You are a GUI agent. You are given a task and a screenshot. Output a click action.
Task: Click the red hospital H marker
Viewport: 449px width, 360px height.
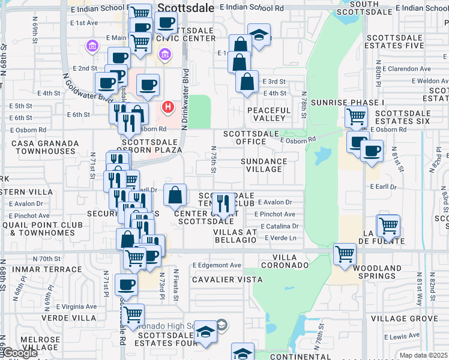click(x=168, y=107)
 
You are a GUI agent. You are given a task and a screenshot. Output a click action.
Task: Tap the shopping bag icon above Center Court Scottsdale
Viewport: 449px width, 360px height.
click(x=175, y=194)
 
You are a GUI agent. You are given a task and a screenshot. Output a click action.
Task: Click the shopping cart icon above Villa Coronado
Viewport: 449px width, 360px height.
click(x=345, y=254)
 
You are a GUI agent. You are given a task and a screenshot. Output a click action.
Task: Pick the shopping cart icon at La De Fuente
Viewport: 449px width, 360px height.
click(x=388, y=226)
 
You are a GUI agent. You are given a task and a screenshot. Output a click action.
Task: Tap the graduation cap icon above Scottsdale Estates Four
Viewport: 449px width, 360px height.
click(x=205, y=331)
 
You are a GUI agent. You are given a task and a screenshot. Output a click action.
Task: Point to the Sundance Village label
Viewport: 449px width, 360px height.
click(x=264, y=165)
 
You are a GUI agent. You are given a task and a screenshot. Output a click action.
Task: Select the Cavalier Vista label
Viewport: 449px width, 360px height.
click(x=228, y=280)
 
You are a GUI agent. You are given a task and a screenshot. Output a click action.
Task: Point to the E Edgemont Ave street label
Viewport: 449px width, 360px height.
click(x=217, y=265)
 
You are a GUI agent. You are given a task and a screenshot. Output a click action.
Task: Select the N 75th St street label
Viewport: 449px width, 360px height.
click(x=213, y=159)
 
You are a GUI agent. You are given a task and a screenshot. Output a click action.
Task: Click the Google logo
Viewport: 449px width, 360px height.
click(x=19, y=353)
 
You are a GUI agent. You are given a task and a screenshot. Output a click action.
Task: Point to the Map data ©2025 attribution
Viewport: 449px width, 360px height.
click(x=423, y=355)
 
